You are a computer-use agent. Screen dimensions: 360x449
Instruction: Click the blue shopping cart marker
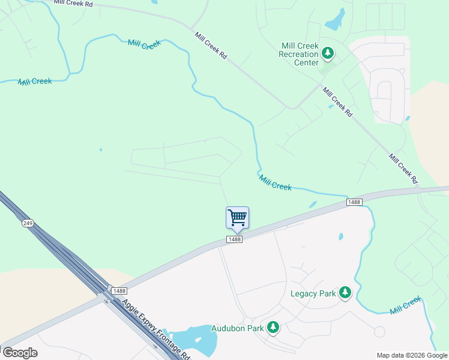click(x=237, y=217)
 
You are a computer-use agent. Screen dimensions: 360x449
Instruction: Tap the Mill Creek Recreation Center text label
click(x=299, y=55)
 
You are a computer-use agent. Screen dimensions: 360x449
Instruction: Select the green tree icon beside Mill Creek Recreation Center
click(x=328, y=54)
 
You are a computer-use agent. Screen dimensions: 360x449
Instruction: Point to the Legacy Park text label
click(x=313, y=293)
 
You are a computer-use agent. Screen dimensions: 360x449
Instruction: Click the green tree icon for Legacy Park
click(x=345, y=293)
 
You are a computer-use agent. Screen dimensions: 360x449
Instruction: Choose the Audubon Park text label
click(x=238, y=328)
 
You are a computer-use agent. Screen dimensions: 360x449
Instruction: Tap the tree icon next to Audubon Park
click(x=273, y=328)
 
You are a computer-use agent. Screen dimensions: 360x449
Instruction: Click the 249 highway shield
click(x=28, y=223)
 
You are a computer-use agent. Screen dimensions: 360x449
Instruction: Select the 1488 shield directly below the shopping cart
click(x=234, y=239)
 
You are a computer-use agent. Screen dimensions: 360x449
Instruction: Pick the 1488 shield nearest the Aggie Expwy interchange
click(x=119, y=290)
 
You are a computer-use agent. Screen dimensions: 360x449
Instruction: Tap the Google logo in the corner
click(x=19, y=353)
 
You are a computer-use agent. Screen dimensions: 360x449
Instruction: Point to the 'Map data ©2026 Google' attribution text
click(x=412, y=355)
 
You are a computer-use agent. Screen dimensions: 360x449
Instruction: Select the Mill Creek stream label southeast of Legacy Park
click(x=406, y=307)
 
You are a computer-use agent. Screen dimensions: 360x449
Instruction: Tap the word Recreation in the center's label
click(x=298, y=55)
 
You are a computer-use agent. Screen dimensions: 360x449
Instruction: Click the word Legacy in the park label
click(x=303, y=293)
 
